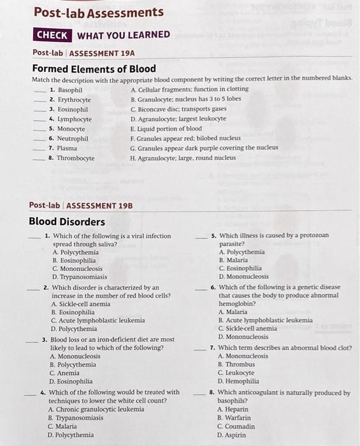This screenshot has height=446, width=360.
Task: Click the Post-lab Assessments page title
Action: click(98, 12)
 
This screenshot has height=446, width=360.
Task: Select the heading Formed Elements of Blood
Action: click(94, 68)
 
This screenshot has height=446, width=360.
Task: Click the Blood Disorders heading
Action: click(67, 222)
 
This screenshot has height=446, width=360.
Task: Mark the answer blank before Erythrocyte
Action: click(41, 100)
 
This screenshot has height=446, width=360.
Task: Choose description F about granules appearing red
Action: click(185, 138)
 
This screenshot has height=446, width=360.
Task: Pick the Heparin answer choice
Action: click(232, 409)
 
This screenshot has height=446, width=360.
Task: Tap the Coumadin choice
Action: click(236, 427)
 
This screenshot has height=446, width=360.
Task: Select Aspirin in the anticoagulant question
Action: click(233, 436)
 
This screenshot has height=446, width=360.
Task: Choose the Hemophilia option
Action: click(238, 382)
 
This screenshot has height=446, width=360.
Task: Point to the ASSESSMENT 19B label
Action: click(99, 205)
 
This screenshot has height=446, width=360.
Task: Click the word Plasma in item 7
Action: click(67, 148)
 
